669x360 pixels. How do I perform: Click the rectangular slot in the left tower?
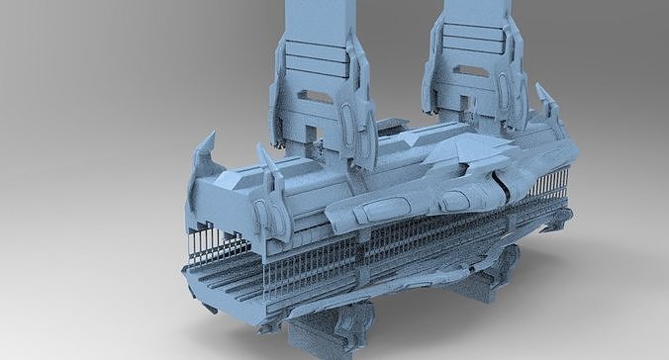point(316,96)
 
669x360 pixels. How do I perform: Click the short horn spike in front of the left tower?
point(265,158)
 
